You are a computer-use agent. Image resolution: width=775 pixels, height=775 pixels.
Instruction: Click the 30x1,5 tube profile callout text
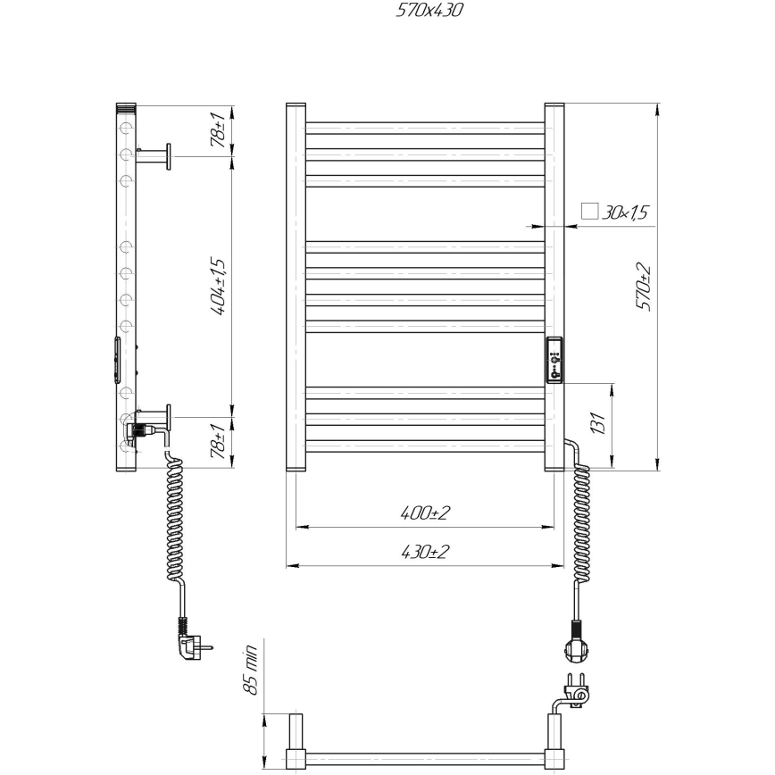pyautogui.click(x=624, y=212)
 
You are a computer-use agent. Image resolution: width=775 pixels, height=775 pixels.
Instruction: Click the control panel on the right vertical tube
pyautogui.click(x=555, y=360)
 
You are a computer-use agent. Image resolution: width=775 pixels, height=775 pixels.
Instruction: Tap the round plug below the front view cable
pyautogui.click(x=574, y=645)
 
